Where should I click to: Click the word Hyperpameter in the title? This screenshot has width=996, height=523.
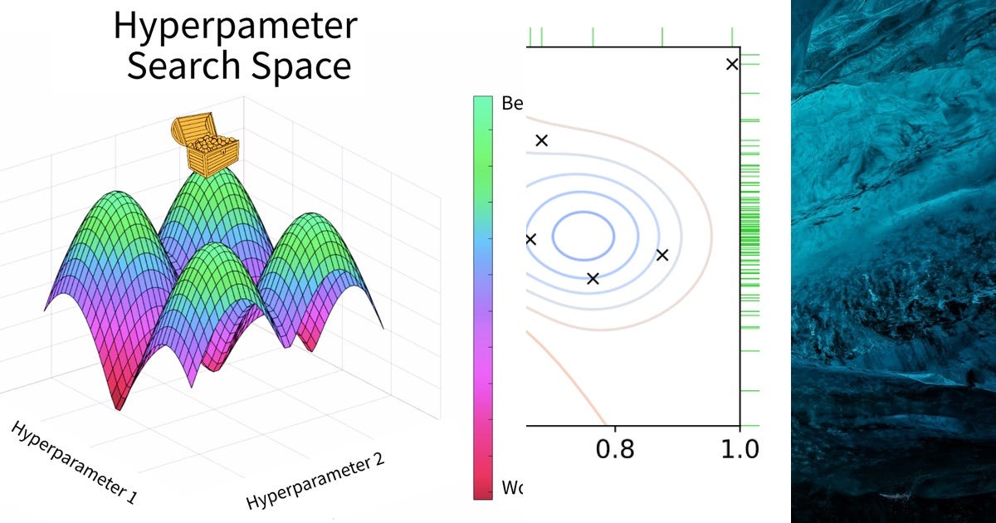(x=235, y=27)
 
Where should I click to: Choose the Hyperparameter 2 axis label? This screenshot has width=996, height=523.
(x=315, y=481)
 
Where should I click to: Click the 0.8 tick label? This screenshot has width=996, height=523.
(x=615, y=449)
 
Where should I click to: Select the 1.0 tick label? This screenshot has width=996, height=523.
(x=739, y=449)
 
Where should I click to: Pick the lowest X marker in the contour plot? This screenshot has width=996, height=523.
(x=593, y=278)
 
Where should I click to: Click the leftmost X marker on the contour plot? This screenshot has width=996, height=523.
(x=530, y=240)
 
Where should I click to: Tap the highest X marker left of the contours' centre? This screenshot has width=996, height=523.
(x=542, y=140)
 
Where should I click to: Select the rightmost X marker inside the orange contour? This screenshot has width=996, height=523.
(x=662, y=255)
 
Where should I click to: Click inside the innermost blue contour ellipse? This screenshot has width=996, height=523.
(x=584, y=235)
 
